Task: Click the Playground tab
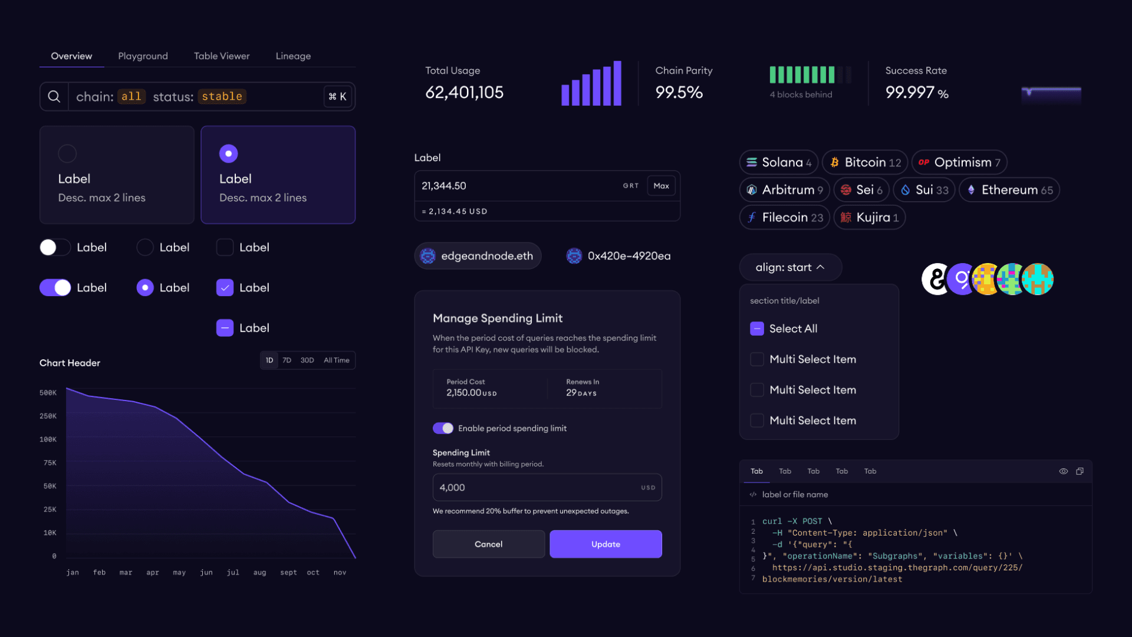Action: coord(143,56)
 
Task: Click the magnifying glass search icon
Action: coord(54,97)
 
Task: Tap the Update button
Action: coord(606,544)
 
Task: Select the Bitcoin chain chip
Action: coord(865,162)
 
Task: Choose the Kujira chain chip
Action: coord(870,218)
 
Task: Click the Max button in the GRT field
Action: coord(661,186)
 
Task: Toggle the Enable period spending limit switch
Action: coord(443,428)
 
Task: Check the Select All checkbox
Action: coord(757,329)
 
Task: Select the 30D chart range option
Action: coord(307,360)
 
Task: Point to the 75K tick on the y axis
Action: coord(50,463)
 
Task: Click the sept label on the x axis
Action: coord(288,573)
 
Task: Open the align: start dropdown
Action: coord(790,267)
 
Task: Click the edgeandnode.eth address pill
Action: coord(478,256)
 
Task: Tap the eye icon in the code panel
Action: coord(1064,471)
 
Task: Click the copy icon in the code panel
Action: coord(1080,471)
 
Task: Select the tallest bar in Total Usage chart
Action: coord(617,83)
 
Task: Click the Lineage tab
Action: coord(293,56)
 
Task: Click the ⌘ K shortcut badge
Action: coord(338,97)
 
